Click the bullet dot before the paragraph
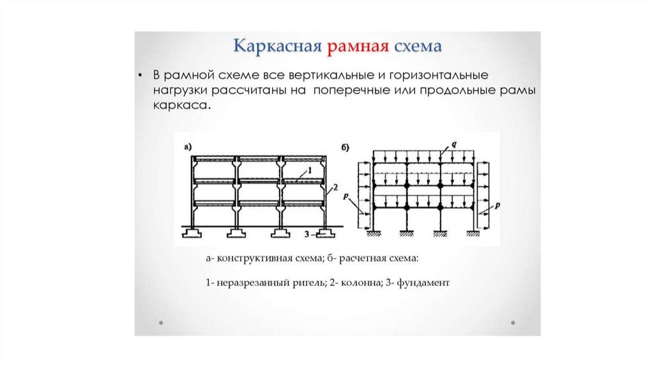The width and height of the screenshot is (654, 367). point(139,75)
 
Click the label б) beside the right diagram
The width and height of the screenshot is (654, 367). point(345,148)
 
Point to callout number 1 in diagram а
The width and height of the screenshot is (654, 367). point(308,170)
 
